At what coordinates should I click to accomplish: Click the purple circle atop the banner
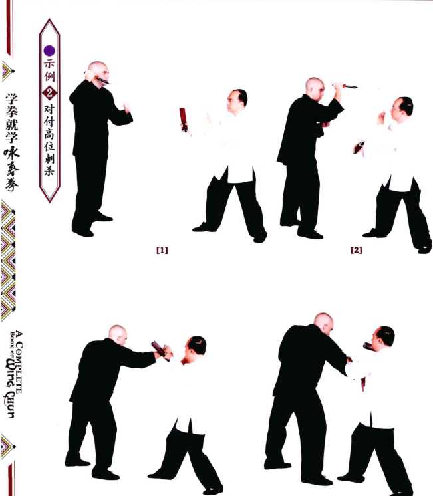[x=49, y=51]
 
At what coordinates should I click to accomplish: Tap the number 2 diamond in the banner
[x=50, y=93]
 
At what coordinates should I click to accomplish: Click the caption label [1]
[x=162, y=250]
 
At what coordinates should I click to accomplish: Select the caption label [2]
[x=356, y=250]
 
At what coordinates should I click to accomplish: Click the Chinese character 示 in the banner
[x=49, y=64]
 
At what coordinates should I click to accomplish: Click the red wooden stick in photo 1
[x=183, y=119]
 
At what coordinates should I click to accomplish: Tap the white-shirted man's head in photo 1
[x=237, y=102]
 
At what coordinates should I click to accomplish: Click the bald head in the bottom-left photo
[x=118, y=335]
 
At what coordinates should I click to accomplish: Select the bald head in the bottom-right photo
[x=323, y=324]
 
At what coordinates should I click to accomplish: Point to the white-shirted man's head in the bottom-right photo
[x=383, y=339]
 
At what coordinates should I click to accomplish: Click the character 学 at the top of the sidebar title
[x=12, y=99]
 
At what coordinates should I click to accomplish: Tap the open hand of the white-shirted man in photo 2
[x=381, y=118]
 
